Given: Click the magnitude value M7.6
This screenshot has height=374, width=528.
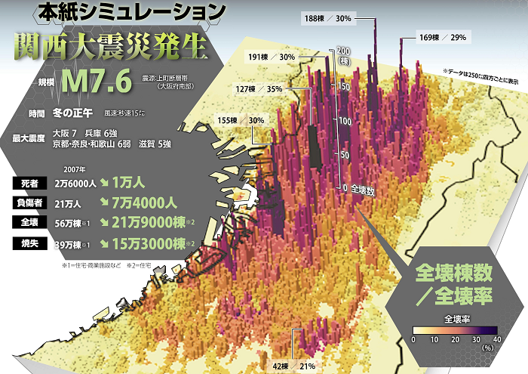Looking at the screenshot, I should pyautogui.click(x=98, y=79).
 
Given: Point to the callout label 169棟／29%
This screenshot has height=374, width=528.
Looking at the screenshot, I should pyautogui.click(x=443, y=36).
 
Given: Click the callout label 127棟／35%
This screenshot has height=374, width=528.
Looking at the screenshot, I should pyautogui.click(x=259, y=89).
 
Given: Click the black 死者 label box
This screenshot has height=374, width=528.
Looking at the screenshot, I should pyautogui.click(x=30, y=183).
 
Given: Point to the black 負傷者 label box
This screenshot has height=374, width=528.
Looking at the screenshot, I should pyautogui.click(x=30, y=202).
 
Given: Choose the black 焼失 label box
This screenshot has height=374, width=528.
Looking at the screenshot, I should pyautogui.click(x=30, y=243).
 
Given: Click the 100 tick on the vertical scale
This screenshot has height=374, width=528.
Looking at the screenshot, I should pyautogui.click(x=344, y=121).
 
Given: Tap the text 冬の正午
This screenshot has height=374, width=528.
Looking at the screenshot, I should pyautogui.click(x=72, y=113).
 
